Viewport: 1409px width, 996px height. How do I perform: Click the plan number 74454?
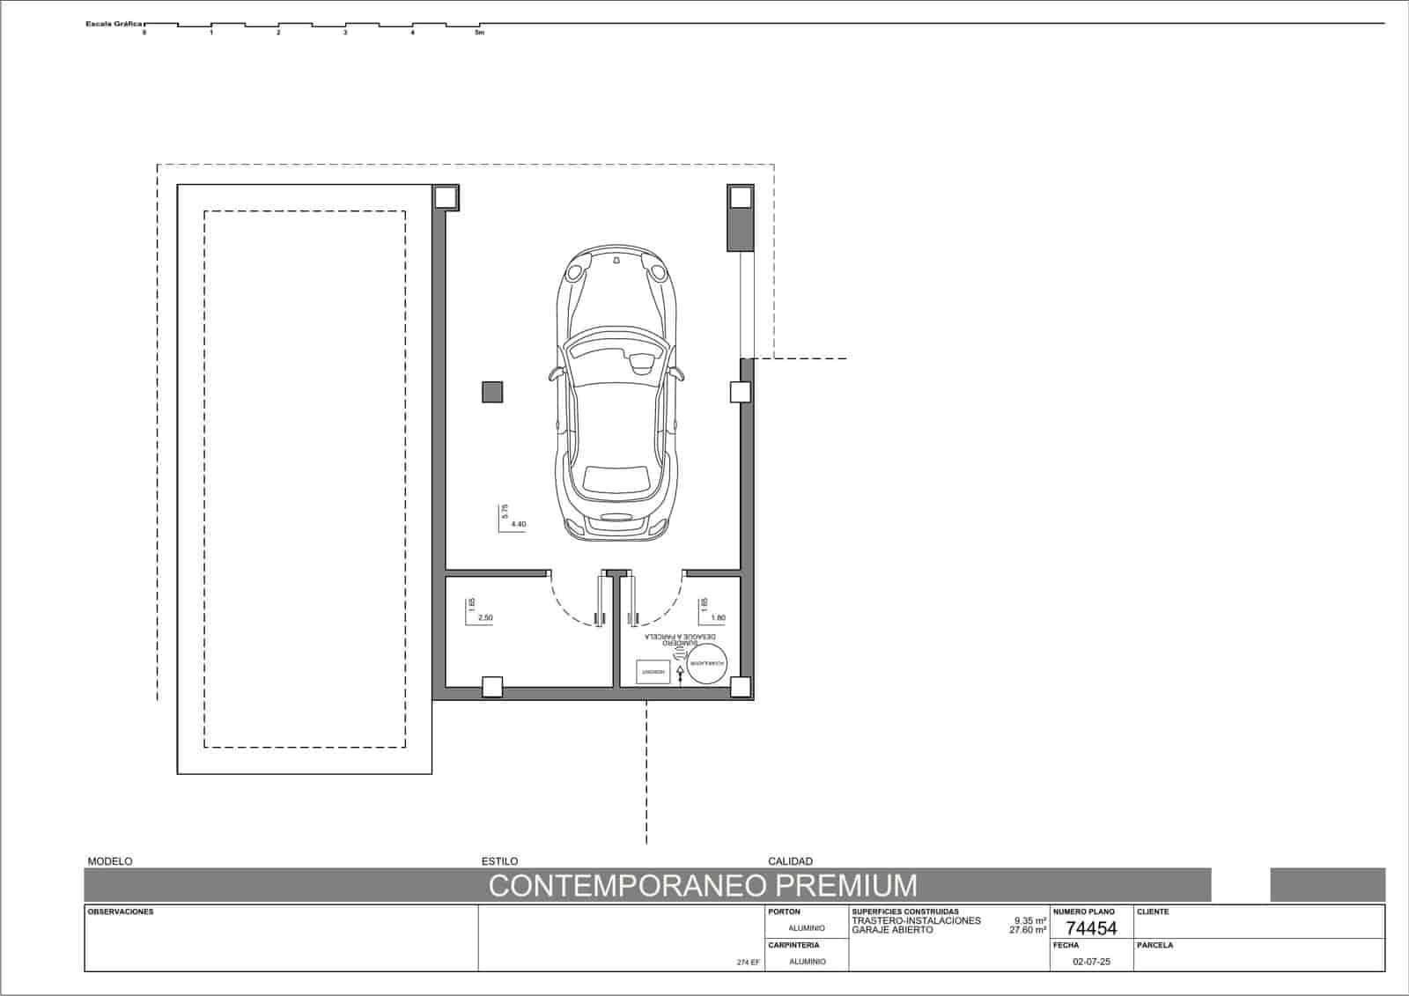coord(1091,928)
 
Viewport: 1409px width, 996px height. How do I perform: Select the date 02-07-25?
coord(1091,962)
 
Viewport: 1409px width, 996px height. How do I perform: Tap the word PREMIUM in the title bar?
coord(846,885)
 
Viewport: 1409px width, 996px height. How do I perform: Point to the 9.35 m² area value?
coord(1029,921)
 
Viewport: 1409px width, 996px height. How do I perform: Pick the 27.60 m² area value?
coord(1028,930)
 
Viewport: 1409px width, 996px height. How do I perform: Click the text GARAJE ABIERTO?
coord(892,930)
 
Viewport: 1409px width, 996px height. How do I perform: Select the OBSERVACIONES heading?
coord(121,912)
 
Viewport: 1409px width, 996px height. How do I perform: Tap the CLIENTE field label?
coord(1153,912)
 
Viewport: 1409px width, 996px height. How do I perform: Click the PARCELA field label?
coord(1154,945)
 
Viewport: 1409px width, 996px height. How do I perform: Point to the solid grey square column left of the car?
coord(492,392)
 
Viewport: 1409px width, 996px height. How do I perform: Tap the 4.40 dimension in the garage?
coord(518,524)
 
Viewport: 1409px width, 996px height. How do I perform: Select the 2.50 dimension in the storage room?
coord(485,618)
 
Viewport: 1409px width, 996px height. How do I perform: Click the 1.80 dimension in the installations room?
coord(718,618)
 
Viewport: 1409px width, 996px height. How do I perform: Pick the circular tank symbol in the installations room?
coord(708,662)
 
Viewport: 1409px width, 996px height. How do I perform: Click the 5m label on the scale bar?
coord(479,33)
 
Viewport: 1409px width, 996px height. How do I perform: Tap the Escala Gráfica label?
coord(114,24)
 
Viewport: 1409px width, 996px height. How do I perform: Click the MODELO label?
coord(110,861)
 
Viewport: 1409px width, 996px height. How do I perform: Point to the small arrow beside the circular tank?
coord(680,672)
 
